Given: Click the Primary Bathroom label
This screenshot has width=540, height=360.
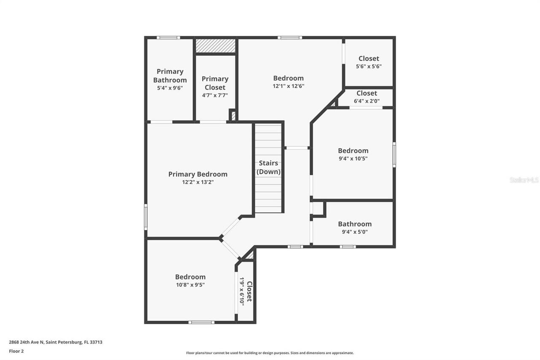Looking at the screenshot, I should (170, 76).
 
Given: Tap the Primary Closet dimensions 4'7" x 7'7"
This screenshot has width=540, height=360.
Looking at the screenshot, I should (215, 95).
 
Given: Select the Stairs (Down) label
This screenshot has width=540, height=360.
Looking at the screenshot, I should (268, 167).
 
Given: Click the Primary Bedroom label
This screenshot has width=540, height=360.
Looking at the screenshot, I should (197, 174).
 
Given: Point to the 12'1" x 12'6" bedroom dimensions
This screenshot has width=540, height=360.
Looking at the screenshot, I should (288, 86).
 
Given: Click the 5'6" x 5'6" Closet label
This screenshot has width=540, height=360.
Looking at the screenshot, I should (369, 59).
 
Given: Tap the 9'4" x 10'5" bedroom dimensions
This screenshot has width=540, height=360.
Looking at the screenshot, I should (353, 159).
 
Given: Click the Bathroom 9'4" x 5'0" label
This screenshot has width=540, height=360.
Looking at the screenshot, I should (354, 224).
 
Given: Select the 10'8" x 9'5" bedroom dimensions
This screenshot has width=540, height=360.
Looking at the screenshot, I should (190, 285).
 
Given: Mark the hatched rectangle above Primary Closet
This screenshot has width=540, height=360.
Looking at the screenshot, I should (215, 46).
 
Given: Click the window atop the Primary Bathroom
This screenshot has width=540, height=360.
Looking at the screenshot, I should (168, 38).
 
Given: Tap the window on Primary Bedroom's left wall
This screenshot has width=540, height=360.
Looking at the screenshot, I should (146, 217).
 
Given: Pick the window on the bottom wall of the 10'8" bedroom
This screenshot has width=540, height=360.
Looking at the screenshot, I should (201, 322).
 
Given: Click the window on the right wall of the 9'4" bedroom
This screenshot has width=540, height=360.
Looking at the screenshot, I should (394, 155).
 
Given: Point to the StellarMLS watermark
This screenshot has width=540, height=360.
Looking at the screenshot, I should (524, 180).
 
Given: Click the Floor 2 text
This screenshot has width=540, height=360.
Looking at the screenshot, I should (16, 351).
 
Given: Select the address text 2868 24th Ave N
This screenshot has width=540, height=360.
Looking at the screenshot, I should (55, 342).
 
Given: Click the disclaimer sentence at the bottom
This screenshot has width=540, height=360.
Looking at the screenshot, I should (270, 353).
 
